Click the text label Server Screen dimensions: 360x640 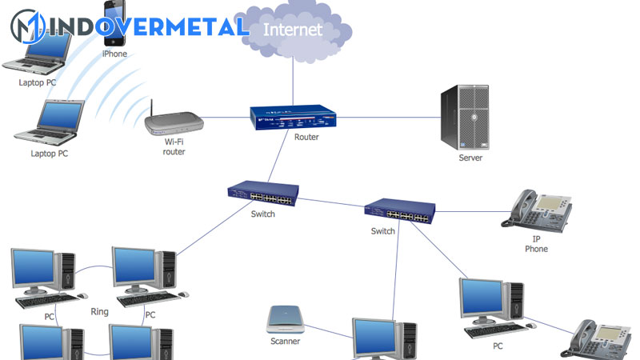pyautogui.click(x=470, y=158)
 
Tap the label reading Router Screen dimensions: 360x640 pyautogui.click(x=306, y=137)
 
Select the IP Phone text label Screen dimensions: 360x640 pyautogui.click(x=536, y=243)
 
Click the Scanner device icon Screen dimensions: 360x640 pyautogui.click(x=285, y=320)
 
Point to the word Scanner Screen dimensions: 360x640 pyautogui.click(x=285, y=341)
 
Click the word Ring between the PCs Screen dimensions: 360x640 pyautogui.click(x=99, y=312)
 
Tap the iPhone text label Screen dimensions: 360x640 pyautogui.click(x=114, y=54)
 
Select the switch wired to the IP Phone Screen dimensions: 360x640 pyautogui.click(x=401, y=210)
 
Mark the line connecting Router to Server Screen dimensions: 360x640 pyautogui.click(x=384, y=118)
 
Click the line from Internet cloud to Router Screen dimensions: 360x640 pyautogui.click(x=293, y=80)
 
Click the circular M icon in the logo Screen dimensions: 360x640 pyautogui.click(x=27, y=26)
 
